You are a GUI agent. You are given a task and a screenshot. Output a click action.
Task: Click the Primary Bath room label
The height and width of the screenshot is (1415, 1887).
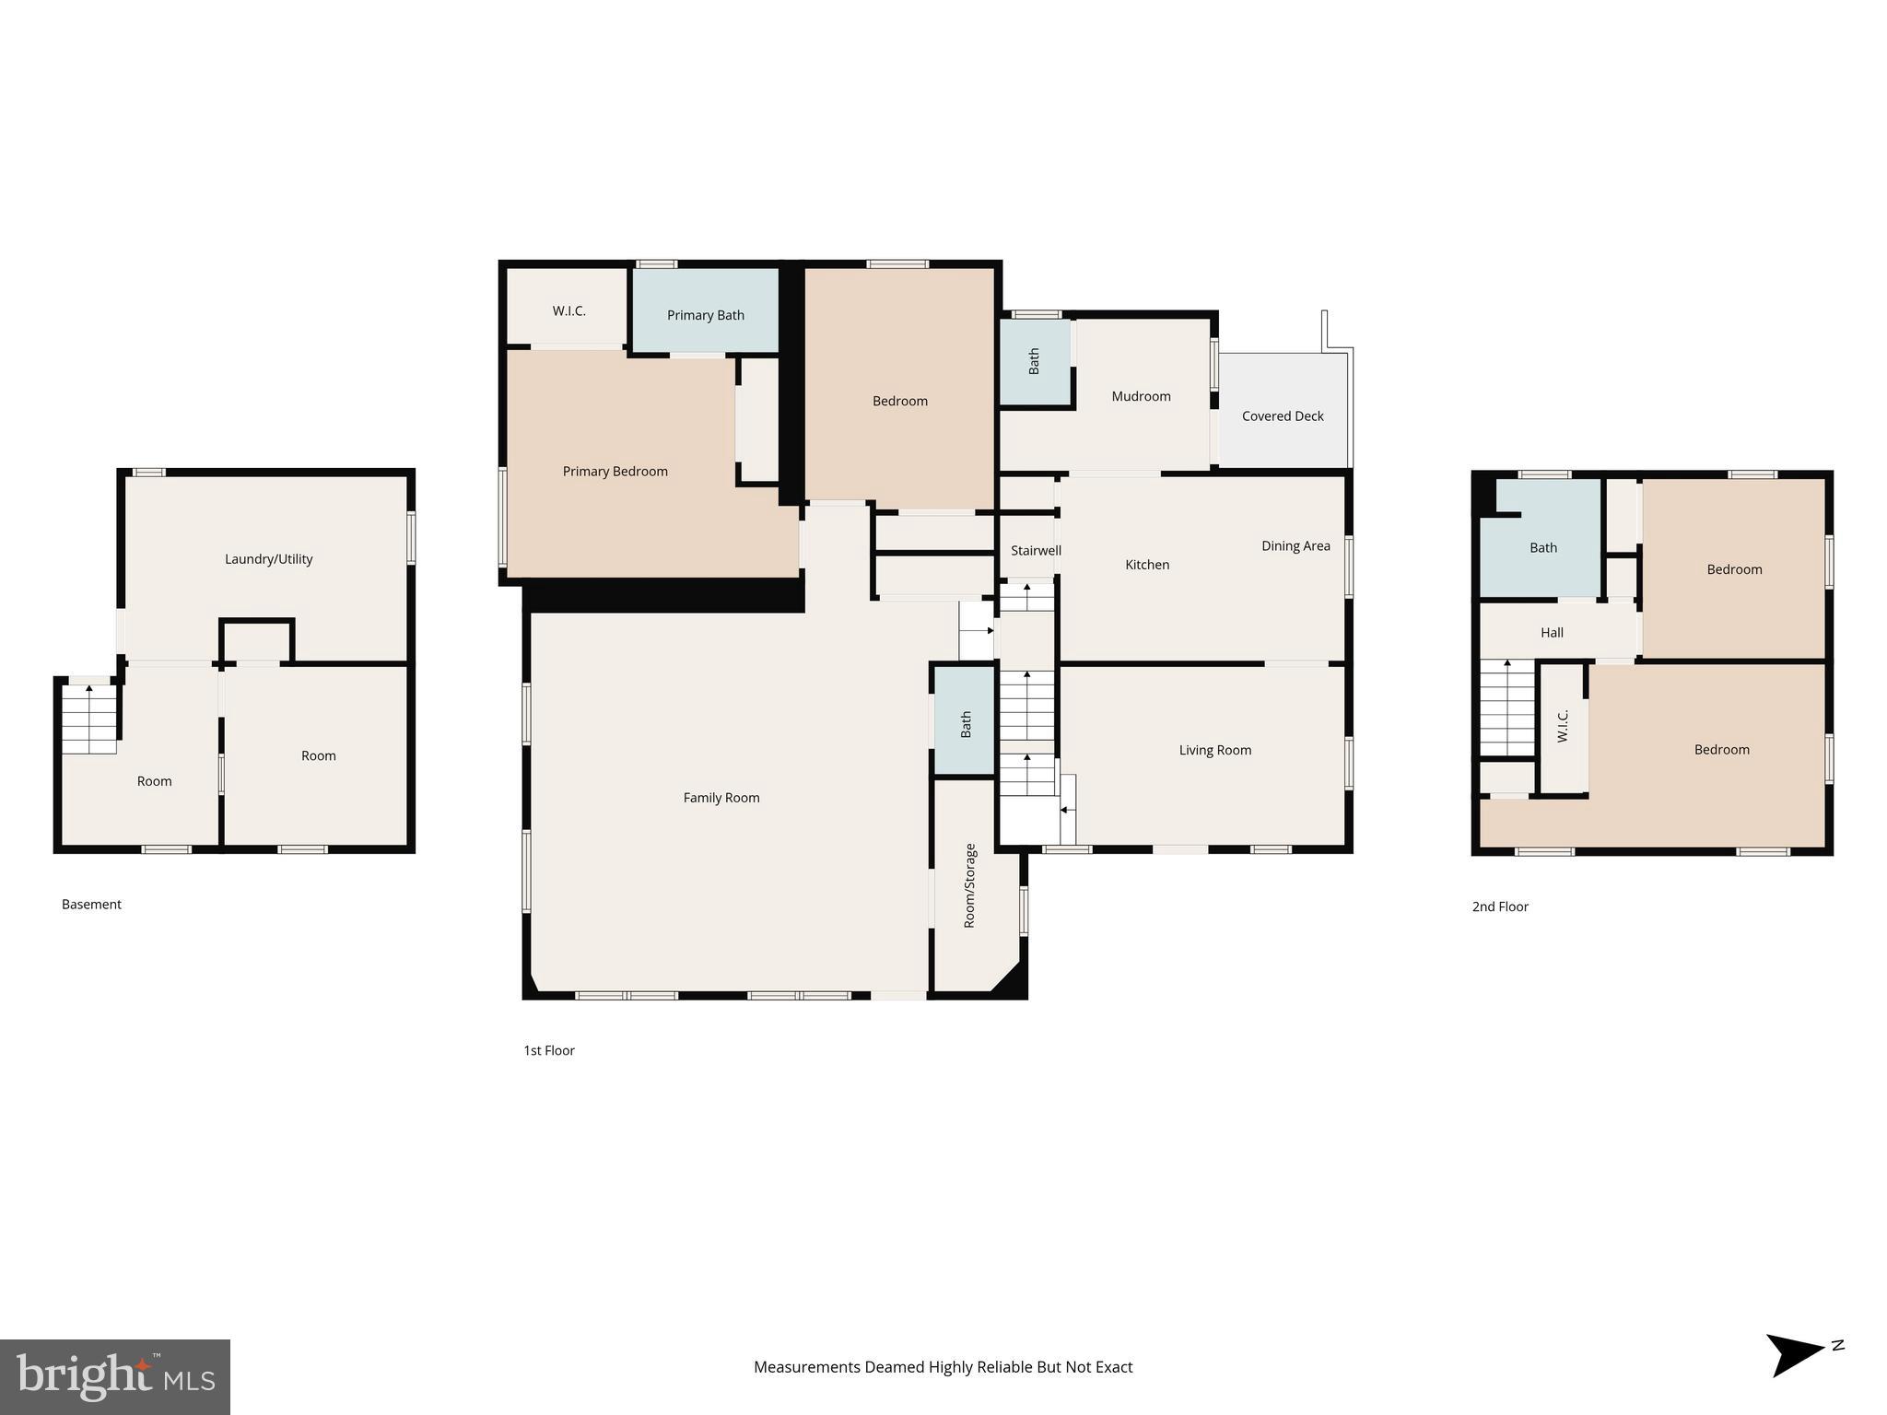[x=705, y=315]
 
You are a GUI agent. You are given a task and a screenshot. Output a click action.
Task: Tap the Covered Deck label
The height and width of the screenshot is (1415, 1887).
[x=1282, y=416]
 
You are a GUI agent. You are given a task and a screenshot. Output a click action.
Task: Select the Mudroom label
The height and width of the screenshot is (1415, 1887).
[x=1141, y=396]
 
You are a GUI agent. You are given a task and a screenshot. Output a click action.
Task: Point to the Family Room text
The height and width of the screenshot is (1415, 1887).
[x=721, y=798]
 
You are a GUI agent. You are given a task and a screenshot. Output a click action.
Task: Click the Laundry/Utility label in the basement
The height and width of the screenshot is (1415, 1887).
[x=268, y=559]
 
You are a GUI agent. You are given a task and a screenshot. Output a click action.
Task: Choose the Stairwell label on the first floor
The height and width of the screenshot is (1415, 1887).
[x=1036, y=551]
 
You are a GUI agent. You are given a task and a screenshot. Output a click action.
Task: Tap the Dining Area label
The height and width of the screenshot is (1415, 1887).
[x=1295, y=546]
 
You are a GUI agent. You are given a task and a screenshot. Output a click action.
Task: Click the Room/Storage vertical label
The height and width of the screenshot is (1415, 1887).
[x=969, y=885]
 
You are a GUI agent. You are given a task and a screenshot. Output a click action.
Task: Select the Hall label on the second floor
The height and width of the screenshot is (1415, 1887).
[x=1552, y=633]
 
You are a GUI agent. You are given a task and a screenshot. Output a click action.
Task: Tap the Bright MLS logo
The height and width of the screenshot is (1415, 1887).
[x=114, y=1376]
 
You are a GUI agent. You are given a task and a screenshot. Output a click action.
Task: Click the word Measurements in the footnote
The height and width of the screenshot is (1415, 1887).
[x=805, y=1367]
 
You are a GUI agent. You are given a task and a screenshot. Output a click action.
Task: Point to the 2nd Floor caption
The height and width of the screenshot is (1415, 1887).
[x=1499, y=906]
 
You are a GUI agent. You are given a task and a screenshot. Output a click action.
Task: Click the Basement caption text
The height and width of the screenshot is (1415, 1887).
[x=91, y=905]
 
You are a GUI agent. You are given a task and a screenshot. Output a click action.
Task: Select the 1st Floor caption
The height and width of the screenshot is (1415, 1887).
[x=548, y=1050]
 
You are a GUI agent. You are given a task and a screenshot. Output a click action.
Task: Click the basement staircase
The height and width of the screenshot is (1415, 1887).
[x=89, y=719]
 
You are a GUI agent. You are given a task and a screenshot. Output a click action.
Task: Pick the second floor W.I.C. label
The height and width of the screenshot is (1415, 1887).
[x=1563, y=726]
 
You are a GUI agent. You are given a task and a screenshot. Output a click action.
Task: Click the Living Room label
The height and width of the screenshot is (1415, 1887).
[x=1214, y=751]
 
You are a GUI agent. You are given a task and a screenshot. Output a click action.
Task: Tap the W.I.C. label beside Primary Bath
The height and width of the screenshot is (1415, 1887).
[x=568, y=311]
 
